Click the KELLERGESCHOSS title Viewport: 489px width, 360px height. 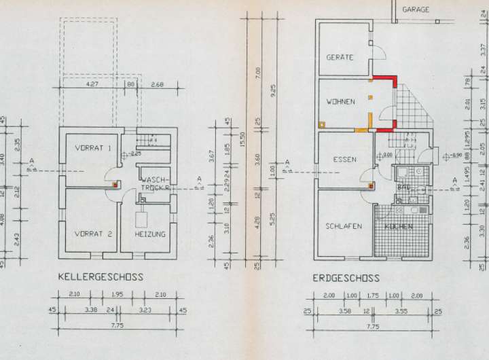click(101, 277)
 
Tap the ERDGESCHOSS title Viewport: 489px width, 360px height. click(346, 278)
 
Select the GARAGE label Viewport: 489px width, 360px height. click(416, 10)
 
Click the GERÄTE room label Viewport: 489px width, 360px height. click(340, 58)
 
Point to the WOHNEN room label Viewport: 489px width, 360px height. click(341, 102)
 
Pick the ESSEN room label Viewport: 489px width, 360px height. click(344, 160)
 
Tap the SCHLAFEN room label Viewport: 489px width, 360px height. click(343, 226)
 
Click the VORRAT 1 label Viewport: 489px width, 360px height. click(92, 147)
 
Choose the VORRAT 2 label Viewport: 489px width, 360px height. click(93, 234)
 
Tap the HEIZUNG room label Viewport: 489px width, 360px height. click(150, 234)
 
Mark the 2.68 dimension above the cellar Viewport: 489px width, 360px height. click(157, 85)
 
